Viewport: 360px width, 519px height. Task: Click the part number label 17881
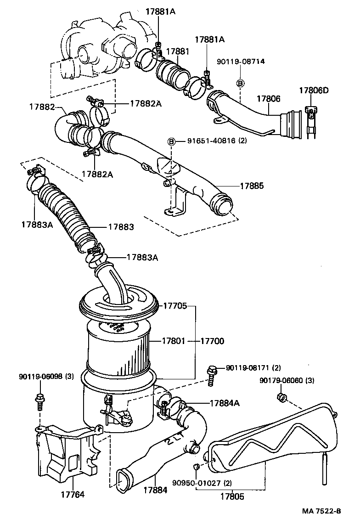177,51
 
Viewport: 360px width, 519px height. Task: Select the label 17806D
314,90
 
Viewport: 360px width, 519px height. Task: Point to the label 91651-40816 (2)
217,141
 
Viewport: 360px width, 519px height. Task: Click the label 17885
252,186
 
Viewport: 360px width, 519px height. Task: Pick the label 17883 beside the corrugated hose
121,227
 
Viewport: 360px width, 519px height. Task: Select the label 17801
173,341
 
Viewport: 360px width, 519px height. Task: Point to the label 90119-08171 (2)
253,368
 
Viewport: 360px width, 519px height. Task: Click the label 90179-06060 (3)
287,380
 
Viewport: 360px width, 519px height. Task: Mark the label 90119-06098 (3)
46,377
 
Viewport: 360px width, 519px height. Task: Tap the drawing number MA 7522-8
321,511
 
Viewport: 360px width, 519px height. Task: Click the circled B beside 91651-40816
172,141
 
